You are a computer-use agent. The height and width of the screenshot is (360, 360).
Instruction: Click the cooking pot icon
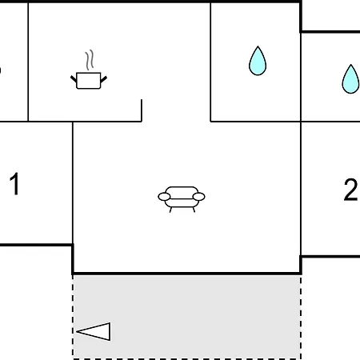pyautogui.click(x=89, y=80)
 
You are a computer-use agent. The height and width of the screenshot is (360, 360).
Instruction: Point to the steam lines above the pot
pyautogui.click(x=90, y=60)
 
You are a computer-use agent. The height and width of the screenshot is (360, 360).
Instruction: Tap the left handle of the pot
pyautogui.click(x=74, y=79)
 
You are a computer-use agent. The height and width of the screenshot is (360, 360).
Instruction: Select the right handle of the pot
pyautogui.click(x=104, y=79)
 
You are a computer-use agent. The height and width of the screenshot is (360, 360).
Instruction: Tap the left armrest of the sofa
pyautogui.click(x=164, y=197)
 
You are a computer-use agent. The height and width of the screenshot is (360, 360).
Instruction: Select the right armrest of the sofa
pyautogui.click(x=198, y=197)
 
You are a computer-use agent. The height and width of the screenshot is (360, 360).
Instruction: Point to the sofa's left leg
pyautogui.click(x=170, y=210)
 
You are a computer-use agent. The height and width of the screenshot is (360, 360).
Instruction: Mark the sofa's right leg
pyautogui.click(x=194, y=210)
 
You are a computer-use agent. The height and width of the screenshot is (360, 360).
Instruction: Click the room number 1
pyautogui.click(x=14, y=183)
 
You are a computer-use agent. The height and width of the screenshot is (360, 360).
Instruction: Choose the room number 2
pyautogui.click(x=350, y=190)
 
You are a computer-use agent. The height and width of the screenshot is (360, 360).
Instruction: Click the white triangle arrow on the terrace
pyautogui.click(x=94, y=331)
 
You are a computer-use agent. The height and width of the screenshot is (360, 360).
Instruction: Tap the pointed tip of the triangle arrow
pyautogui.click(x=77, y=331)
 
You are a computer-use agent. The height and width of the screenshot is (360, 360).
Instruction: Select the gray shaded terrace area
pyautogui.click(x=186, y=317)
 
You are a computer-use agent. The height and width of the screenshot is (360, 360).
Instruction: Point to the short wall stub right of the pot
pyautogui.click(x=142, y=110)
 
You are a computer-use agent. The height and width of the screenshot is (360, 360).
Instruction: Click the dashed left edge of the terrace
pyautogui.click(x=73, y=317)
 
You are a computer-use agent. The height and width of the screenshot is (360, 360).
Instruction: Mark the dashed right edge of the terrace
pyautogui.click(x=301, y=317)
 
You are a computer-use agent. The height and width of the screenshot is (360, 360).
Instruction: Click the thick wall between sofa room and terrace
pyautogui.click(x=186, y=274)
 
